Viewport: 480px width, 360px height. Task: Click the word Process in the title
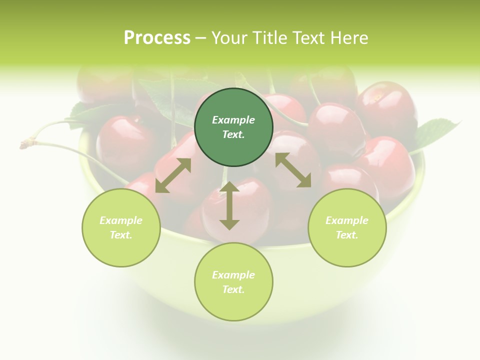coord(157,38)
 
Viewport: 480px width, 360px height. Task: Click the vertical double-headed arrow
coord(229,205)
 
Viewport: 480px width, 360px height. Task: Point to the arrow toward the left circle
coord(173,175)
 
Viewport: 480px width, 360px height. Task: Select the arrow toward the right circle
coord(293,170)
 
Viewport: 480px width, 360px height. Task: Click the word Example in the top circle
coord(233,120)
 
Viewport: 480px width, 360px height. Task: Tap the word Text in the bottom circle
coord(233,289)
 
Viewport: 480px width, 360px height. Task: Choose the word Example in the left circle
coord(121,220)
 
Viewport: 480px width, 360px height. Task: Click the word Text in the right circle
coord(347,235)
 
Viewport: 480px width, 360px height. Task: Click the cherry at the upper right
coord(386,105)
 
